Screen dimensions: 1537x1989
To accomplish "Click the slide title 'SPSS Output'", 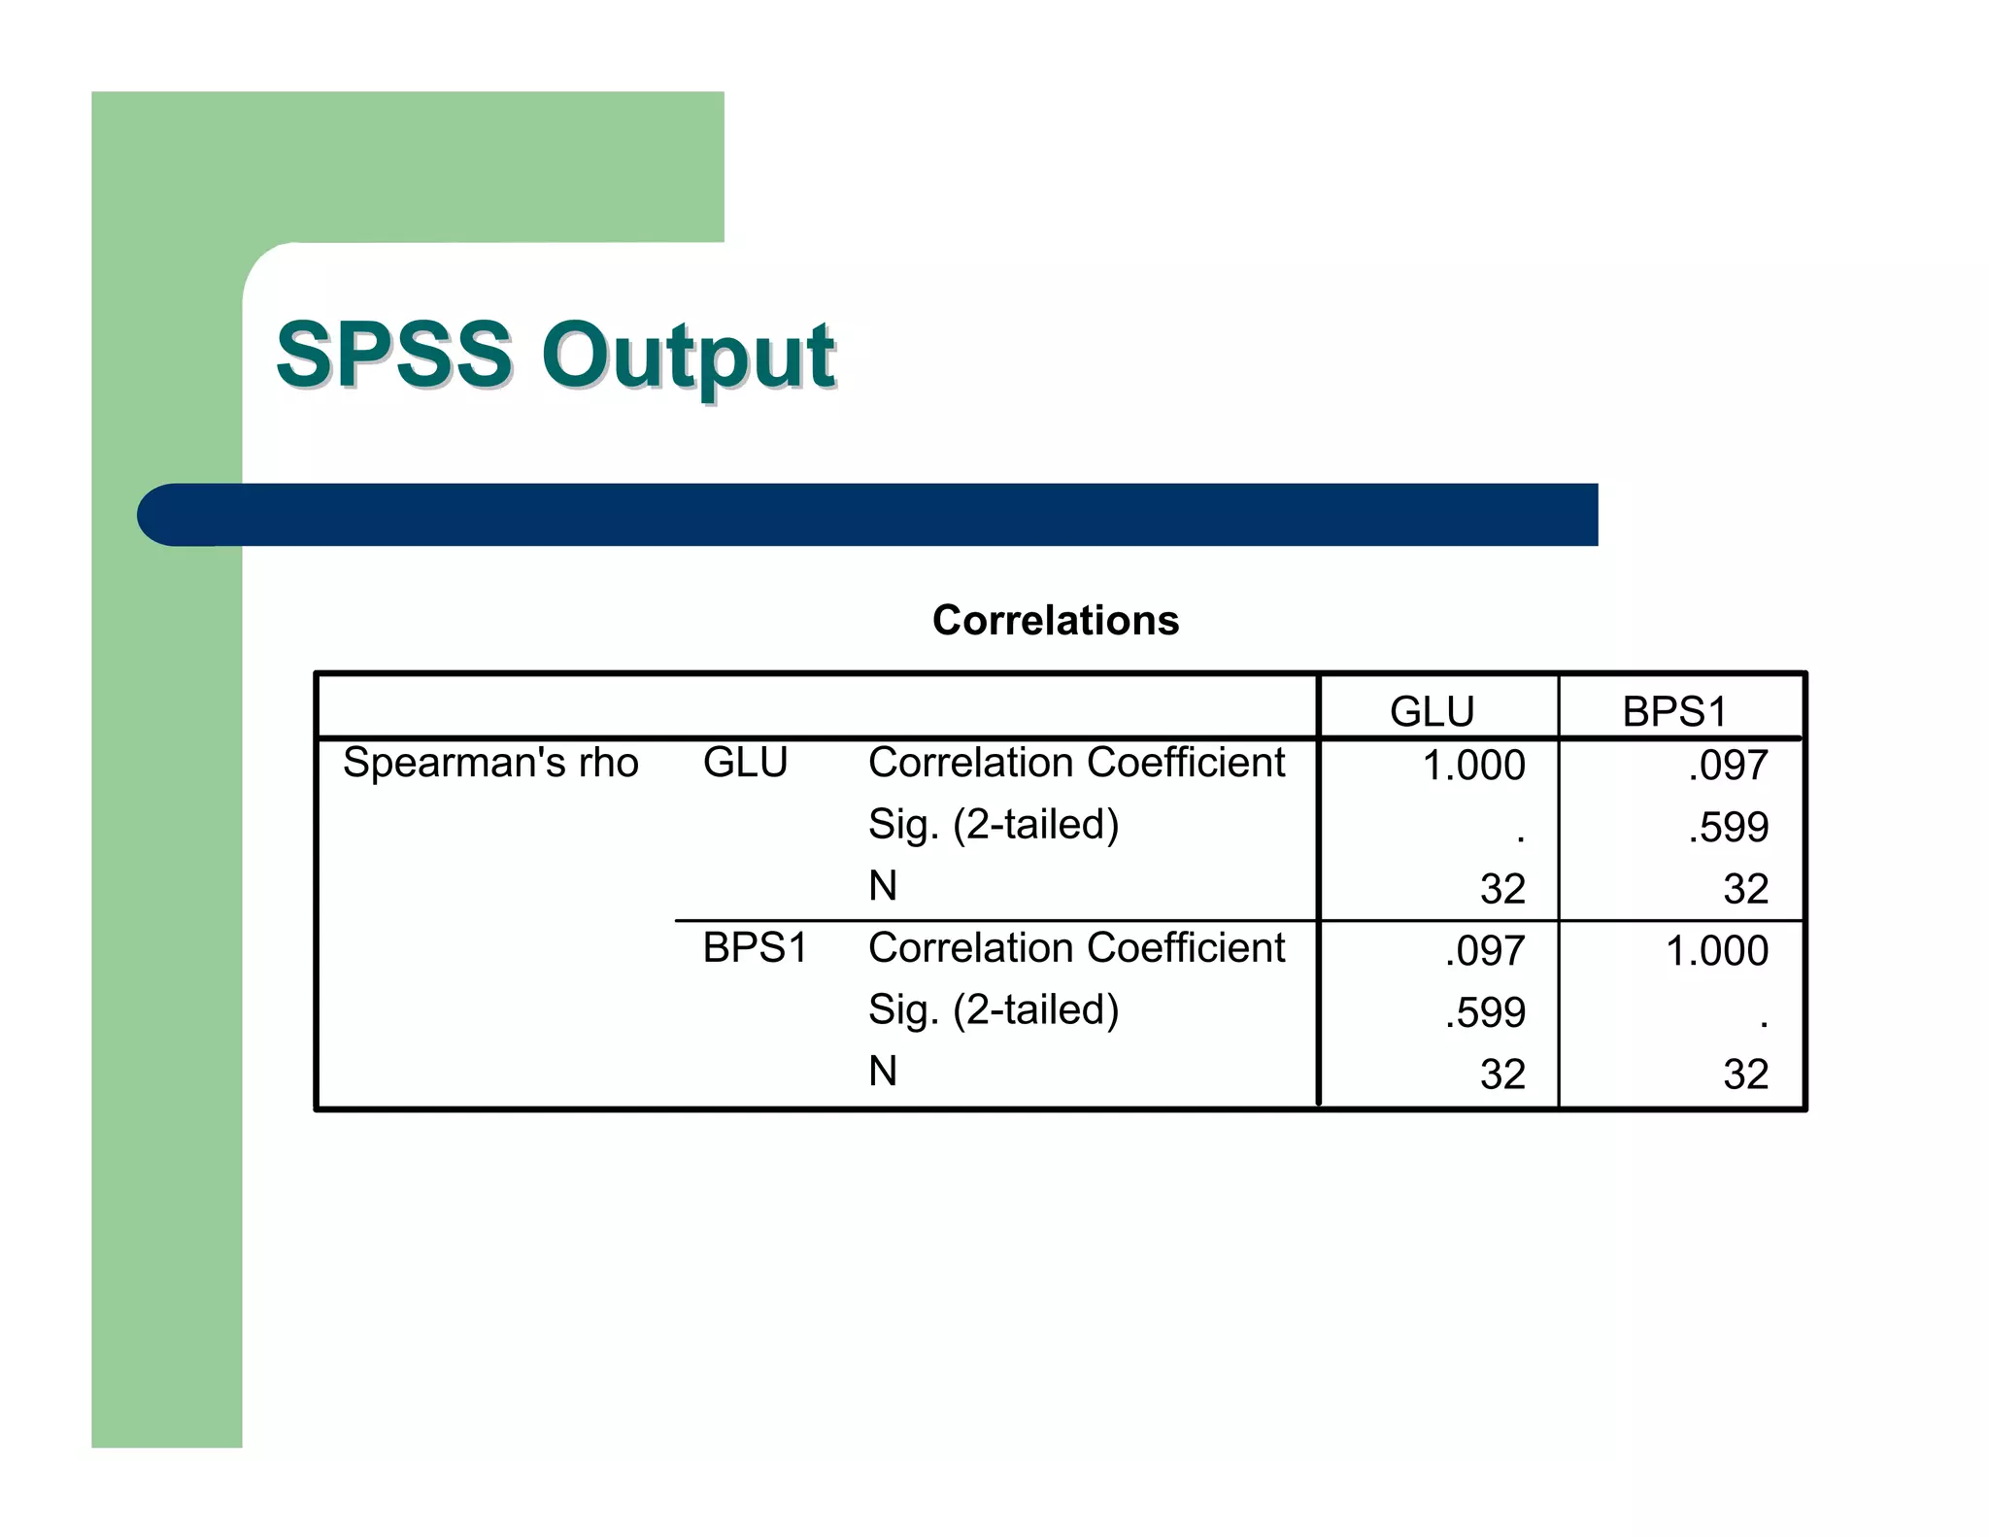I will pyautogui.click(x=555, y=355).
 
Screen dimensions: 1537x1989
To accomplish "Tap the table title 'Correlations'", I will pyautogui.click(x=1056, y=620).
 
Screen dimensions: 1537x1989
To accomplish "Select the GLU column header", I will pyautogui.click(x=1432, y=711).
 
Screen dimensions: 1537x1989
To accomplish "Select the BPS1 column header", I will pyautogui.click(x=1674, y=711).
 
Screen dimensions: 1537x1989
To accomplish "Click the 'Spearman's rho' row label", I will pyautogui.click(x=490, y=763).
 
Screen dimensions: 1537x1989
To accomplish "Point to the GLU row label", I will pyautogui.click(x=745, y=763).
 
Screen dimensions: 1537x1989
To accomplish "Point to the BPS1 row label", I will pyautogui.click(x=755, y=948).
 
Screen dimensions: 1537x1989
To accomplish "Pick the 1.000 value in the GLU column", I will pyautogui.click(x=1473, y=766).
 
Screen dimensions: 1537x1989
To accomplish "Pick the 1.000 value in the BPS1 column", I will pyautogui.click(x=1716, y=951).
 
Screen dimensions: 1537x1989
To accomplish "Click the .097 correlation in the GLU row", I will pyautogui.click(x=1728, y=766).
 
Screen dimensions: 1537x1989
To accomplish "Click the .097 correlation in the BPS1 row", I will pyautogui.click(x=1485, y=951).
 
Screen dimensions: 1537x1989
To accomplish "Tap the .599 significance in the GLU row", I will pyautogui.click(x=1728, y=828).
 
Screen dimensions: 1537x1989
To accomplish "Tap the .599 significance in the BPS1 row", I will pyautogui.click(x=1485, y=1013).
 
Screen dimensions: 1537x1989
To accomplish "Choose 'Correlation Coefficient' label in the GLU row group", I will pyautogui.click(x=1076, y=763).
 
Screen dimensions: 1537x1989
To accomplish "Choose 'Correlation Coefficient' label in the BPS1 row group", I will pyautogui.click(x=1076, y=948).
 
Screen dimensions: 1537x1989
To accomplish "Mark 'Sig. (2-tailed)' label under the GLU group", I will pyautogui.click(x=994, y=825).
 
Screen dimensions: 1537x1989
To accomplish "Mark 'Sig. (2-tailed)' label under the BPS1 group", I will pyautogui.click(x=994, y=1010).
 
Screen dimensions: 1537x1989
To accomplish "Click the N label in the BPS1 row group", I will pyautogui.click(x=883, y=1072).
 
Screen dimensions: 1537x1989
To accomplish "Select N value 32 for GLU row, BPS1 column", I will pyautogui.click(x=1745, y=889).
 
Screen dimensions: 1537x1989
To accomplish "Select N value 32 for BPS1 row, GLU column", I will pyautogui.click(x=1502, y=1075).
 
